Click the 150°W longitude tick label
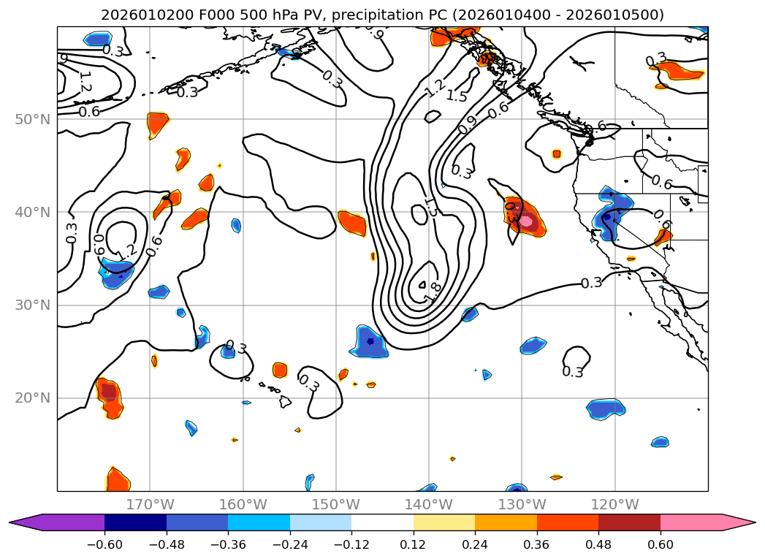[335, 504]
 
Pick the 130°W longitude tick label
[522, 504]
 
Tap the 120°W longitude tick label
[614, 504]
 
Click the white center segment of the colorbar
[382, 522]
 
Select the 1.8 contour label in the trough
[430, 292]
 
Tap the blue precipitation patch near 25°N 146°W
[371, 341]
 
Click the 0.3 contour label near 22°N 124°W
[573, 372]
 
